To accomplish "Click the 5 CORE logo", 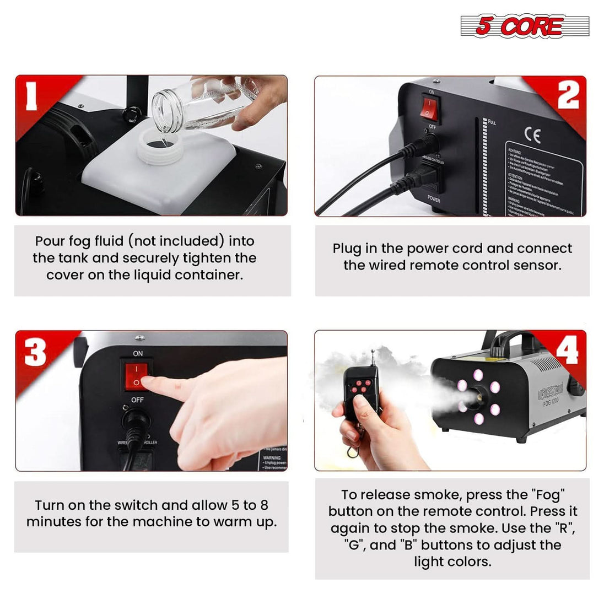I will coord(524,26).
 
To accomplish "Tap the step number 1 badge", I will coord(31,94).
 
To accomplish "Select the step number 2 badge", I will coord(568,94).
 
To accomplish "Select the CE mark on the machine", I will coord(532,135).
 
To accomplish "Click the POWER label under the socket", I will coord(434,199).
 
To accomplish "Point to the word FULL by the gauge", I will coord(492,122).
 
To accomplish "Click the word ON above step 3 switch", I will coord(138,353).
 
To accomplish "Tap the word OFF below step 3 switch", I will coord(137,400).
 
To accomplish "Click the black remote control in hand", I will coord(362,391).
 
